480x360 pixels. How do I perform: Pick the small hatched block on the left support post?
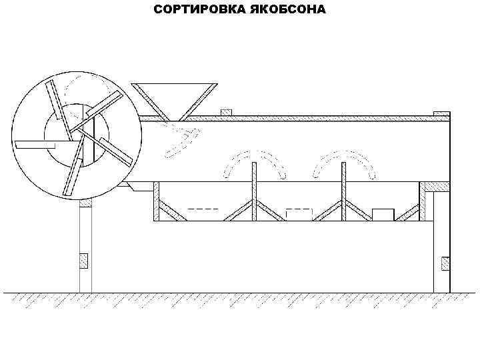point(84,261)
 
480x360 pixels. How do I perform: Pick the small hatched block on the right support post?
point(445,263)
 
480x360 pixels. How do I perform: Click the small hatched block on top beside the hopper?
point(226,111)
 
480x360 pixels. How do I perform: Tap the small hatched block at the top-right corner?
point(441,113)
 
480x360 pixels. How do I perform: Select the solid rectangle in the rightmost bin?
point(383,214)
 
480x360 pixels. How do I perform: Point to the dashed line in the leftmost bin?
point(203,209)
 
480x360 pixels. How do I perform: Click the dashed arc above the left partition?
point(254,159)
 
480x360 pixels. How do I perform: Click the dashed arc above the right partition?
point(343,159)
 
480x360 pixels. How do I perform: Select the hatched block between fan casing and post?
point(85,201)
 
